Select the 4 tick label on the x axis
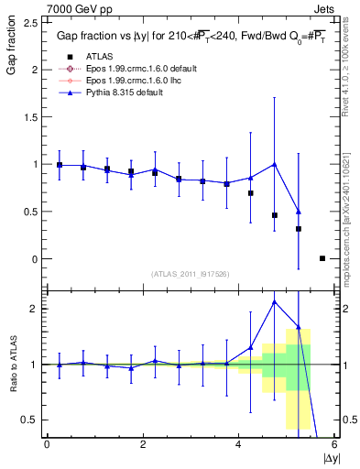(239, 444)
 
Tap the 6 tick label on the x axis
(335, 444)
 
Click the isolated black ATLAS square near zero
(322, 258)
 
